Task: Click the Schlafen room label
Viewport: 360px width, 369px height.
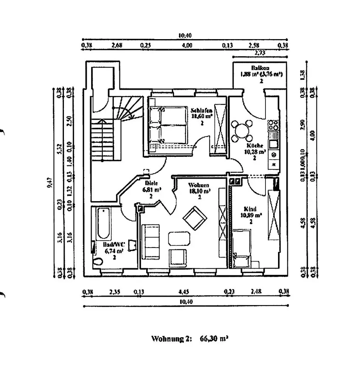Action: coord(201,110)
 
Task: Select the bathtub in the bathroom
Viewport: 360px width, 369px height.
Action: coord(103,224)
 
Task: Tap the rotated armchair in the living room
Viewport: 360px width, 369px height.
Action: coord(195,218)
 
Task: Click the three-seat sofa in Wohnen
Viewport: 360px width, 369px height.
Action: coord(151,242)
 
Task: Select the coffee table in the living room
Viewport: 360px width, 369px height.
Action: coord(179,238)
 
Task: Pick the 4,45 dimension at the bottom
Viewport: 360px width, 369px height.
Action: coord(184,292)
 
